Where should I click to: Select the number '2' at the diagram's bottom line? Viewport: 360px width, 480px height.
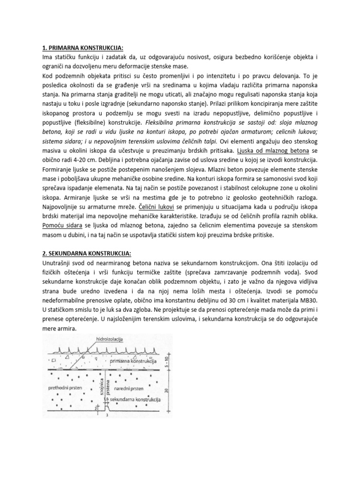[95, 409]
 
